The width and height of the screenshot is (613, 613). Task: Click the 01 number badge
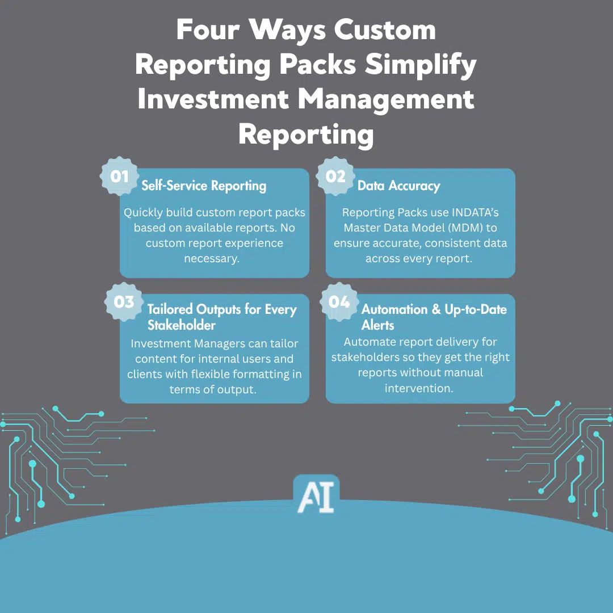pos(119,177)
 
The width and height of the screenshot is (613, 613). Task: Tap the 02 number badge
pos(335,177)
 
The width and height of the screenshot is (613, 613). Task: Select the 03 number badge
pos(124,301)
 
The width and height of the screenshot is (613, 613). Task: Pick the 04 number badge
pos(339,301)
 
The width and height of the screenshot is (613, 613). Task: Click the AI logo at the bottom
pos(316,494)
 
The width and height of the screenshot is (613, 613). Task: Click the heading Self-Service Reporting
pos(204,186)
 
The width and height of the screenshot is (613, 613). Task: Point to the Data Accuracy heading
pos(398,186)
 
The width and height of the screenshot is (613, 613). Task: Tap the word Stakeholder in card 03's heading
pos(182,325)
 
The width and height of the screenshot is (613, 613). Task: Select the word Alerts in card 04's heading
pos(378,325)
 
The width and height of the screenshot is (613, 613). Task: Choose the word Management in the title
pos(387,100)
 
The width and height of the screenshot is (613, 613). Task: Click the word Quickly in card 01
pos(143,213)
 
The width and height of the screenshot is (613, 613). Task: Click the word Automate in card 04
pos(368,342)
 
